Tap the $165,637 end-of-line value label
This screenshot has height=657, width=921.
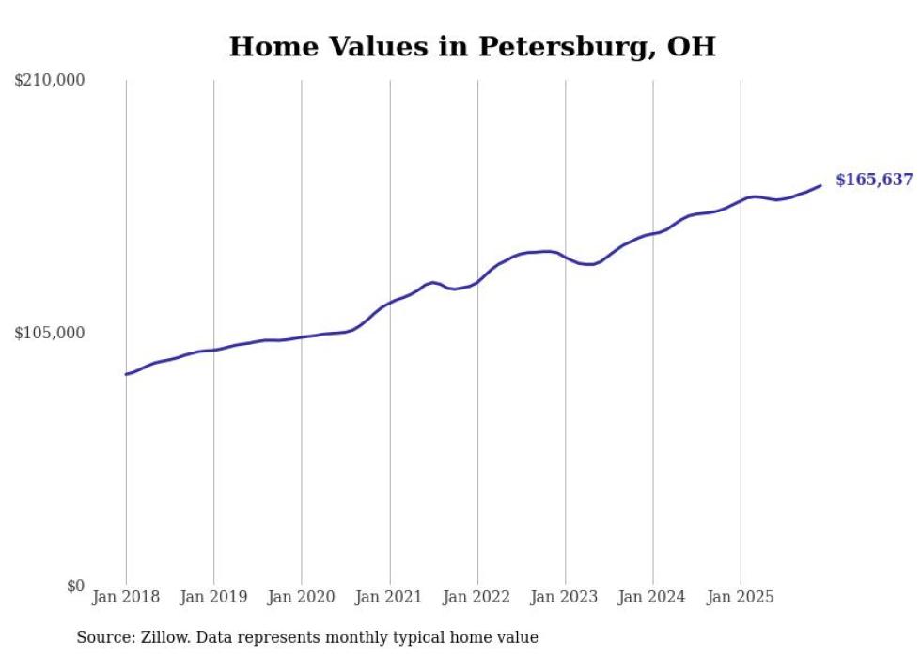click(873, 180)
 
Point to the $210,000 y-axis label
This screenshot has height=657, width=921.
click(50, 81)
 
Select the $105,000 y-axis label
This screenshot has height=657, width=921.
click(50, 333)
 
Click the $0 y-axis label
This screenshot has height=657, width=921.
click(75, 586)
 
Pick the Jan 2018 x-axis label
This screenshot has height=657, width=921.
click(126, 597)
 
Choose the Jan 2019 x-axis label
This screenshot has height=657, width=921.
click(213, 597)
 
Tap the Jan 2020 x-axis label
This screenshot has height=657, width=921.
click(302, 597)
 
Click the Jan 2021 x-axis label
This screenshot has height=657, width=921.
click(389, 597)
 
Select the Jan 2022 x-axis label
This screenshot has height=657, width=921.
click(477, 597)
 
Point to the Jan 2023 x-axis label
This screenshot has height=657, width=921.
click(565, 597)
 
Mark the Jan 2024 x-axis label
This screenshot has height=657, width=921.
click(653, 597)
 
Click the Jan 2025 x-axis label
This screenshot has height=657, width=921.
click(741, 597)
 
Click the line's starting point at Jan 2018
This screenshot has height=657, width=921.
click(126, 374)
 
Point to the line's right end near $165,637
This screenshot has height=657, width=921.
click(820, 185)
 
